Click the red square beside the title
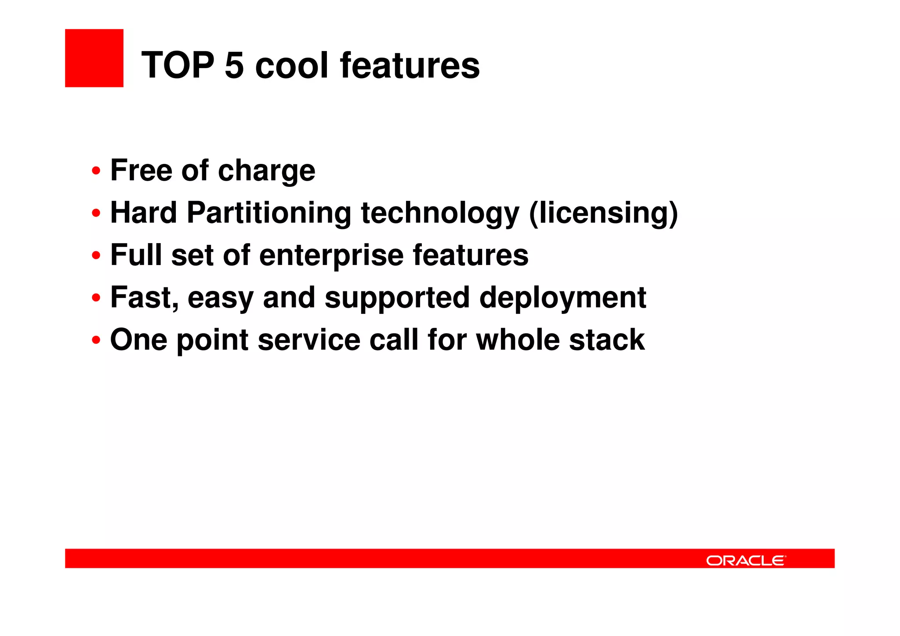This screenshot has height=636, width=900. [94, 58]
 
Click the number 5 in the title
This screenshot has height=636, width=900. [234, 65]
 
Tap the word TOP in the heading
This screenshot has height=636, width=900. [178, 65]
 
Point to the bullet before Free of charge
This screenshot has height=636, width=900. [96, 171]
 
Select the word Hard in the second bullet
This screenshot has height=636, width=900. [143, 213]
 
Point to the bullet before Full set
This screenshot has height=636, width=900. [96, 255]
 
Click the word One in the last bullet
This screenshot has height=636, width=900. [138, 340]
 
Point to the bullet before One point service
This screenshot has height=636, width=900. [96, 340]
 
